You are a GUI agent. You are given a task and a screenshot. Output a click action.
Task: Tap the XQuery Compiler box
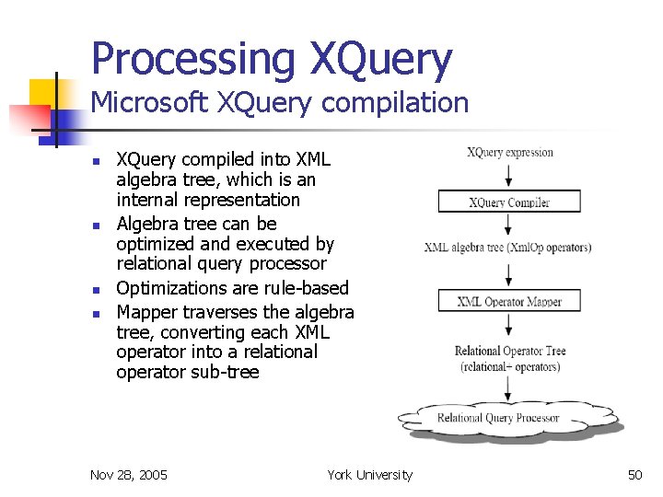[x=509, y=202]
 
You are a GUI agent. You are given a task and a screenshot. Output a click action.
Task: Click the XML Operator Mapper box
[x=509, y=301]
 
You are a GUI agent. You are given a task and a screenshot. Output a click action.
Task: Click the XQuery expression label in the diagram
[x=509, y=152]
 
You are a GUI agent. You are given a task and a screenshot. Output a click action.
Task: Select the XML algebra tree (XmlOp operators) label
[x=508, y=247]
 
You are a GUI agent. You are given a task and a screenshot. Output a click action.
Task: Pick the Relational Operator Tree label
[x=510, y=351]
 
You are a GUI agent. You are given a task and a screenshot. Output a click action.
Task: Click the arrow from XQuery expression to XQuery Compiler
[x=509, y=175]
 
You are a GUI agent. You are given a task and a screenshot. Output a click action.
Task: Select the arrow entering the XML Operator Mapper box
[x=509, y=274]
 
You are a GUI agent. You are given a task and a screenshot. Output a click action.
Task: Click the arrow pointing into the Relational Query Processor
[x=509, y=388]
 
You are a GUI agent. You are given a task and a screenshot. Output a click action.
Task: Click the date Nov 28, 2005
[x=129, y=475]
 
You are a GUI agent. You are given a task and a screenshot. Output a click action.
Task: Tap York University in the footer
[x=369, y=475]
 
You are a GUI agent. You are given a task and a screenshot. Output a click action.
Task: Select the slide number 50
[x=634, y=475]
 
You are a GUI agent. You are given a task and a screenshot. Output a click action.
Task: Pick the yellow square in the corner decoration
[x=43, y=93]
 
